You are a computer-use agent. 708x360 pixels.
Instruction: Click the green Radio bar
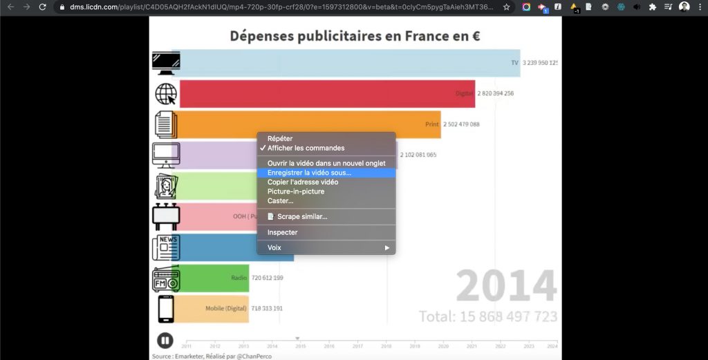(x=214, y=278)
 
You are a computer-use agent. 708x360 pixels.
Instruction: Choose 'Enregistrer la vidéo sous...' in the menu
(x=309, y=173)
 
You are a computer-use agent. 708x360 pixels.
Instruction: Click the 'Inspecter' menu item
(x=282, y=232)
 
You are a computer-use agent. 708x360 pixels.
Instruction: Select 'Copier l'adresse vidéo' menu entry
(x=303, y=182)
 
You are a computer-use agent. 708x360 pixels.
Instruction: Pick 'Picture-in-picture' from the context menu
(x=295, y=191)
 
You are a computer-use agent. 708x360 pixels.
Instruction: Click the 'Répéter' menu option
(x=279, y=139)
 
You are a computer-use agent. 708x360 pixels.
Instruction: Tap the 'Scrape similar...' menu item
(x=297, y=216)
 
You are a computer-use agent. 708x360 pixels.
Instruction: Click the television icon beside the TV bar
(x=166, y=63)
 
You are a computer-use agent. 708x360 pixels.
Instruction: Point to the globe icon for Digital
(x=166, y=94)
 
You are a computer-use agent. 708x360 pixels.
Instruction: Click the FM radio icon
(x=166, y=278)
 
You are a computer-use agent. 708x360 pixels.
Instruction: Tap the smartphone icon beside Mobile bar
(x=166, y=309)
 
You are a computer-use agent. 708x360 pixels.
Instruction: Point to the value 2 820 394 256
(x=495, y=93)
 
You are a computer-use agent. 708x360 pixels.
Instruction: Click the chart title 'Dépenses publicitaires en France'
(x=355, y=36)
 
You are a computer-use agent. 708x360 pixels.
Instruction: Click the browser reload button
(x=43, y=7)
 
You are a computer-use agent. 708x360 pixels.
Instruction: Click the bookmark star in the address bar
(x=507, y=7)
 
